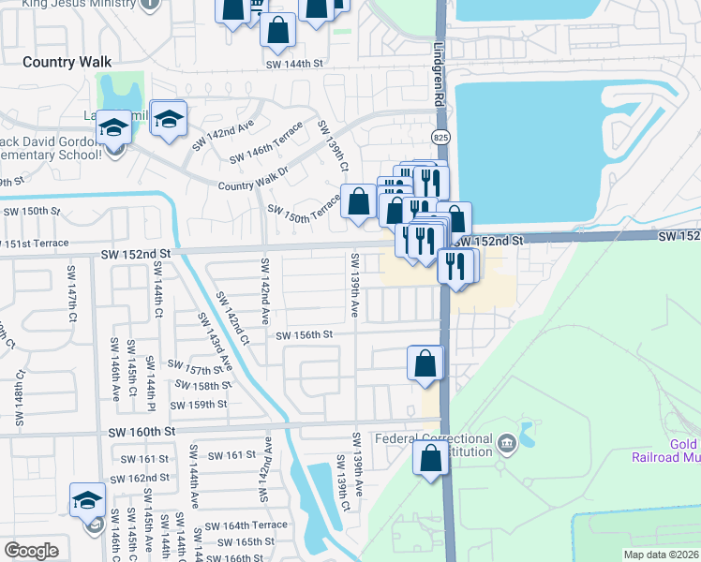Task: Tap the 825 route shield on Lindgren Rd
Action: click(440, 137)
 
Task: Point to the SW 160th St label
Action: click(142, 432)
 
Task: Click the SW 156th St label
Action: click(304, 334)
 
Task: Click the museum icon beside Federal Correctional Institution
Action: click(507, 442)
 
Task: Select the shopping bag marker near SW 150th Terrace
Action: click(358, 201)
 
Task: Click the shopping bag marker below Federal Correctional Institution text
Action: click(430, 459)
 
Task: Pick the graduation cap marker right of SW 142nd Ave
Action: click(169, 119)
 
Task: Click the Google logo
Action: click(31, 551)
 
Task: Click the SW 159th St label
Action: click(199, 405)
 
